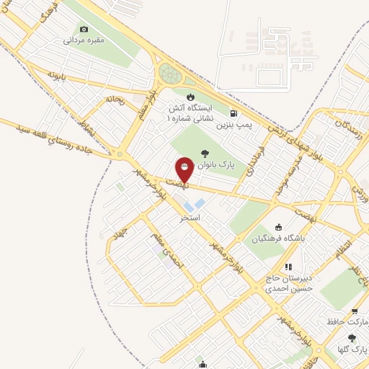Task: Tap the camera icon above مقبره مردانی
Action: [84, 29]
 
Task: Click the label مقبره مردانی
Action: [85, 40]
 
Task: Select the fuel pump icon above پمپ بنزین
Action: [234, 113]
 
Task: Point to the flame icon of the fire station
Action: [190, 97]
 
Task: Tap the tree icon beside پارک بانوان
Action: [204, 152]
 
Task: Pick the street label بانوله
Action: [57, 74]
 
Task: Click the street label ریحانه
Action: [115, 99]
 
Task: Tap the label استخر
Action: [190, 217]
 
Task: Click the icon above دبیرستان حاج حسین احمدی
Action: [288, 267]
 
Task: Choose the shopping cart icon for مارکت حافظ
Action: [355, 311]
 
